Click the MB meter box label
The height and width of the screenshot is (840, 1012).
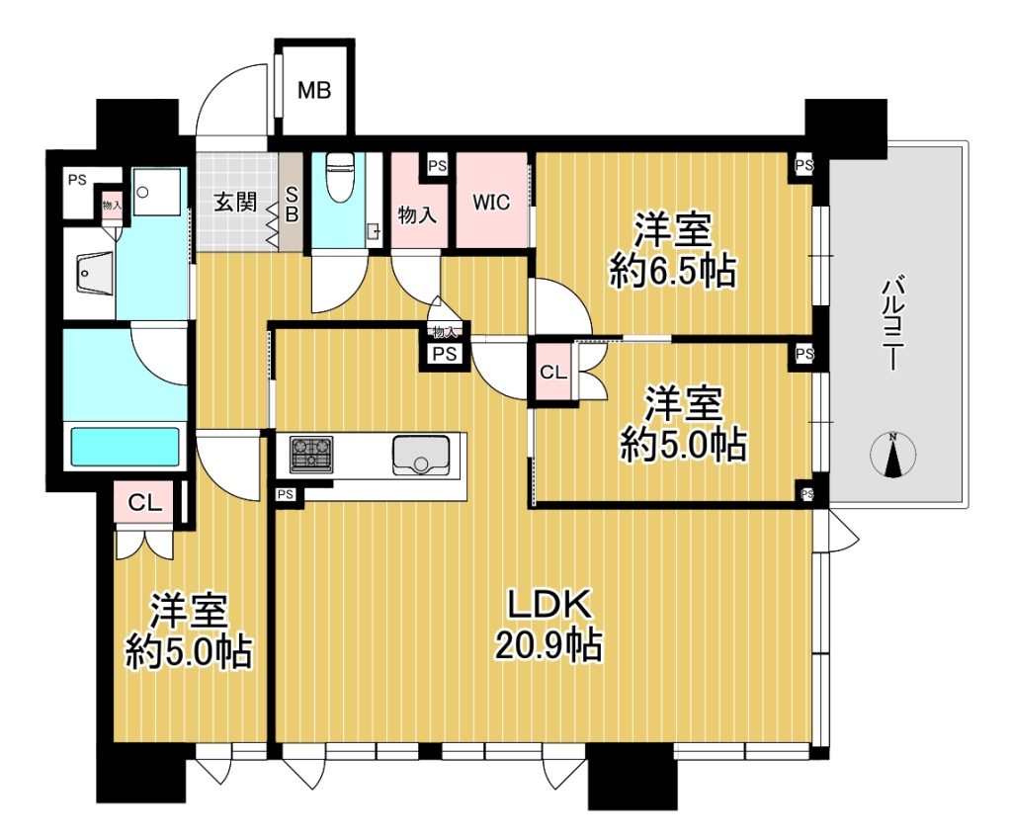[x=314, y=90]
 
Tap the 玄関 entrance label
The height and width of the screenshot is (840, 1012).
[x=235, y=203]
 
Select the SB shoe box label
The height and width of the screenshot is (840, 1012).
[x=292, y=204]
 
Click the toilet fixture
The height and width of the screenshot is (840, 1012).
[x=337, y=177]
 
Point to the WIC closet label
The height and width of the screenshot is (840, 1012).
[x=491, y=203]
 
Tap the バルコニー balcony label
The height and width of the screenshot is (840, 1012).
[x=893, y=322]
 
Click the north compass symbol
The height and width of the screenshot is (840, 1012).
[x=893, y=456]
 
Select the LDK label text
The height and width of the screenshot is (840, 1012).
[x=549, y=605]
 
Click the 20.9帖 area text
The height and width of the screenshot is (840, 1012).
[x=548, y=644]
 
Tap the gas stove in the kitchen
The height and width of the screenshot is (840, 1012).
[x=311, y=454]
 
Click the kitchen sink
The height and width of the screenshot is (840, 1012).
[x=421, y=456]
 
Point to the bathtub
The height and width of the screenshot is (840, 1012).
[x=125, y=447]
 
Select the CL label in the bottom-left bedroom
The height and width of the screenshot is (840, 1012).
[x=144, y=503]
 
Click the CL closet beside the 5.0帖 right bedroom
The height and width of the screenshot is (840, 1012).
[x=553, y=373]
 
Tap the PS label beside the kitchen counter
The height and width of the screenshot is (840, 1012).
[x=286, y=495]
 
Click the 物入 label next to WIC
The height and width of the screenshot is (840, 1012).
[x=417, y=214]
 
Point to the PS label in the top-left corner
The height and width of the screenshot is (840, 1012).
[x=77, y=181]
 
